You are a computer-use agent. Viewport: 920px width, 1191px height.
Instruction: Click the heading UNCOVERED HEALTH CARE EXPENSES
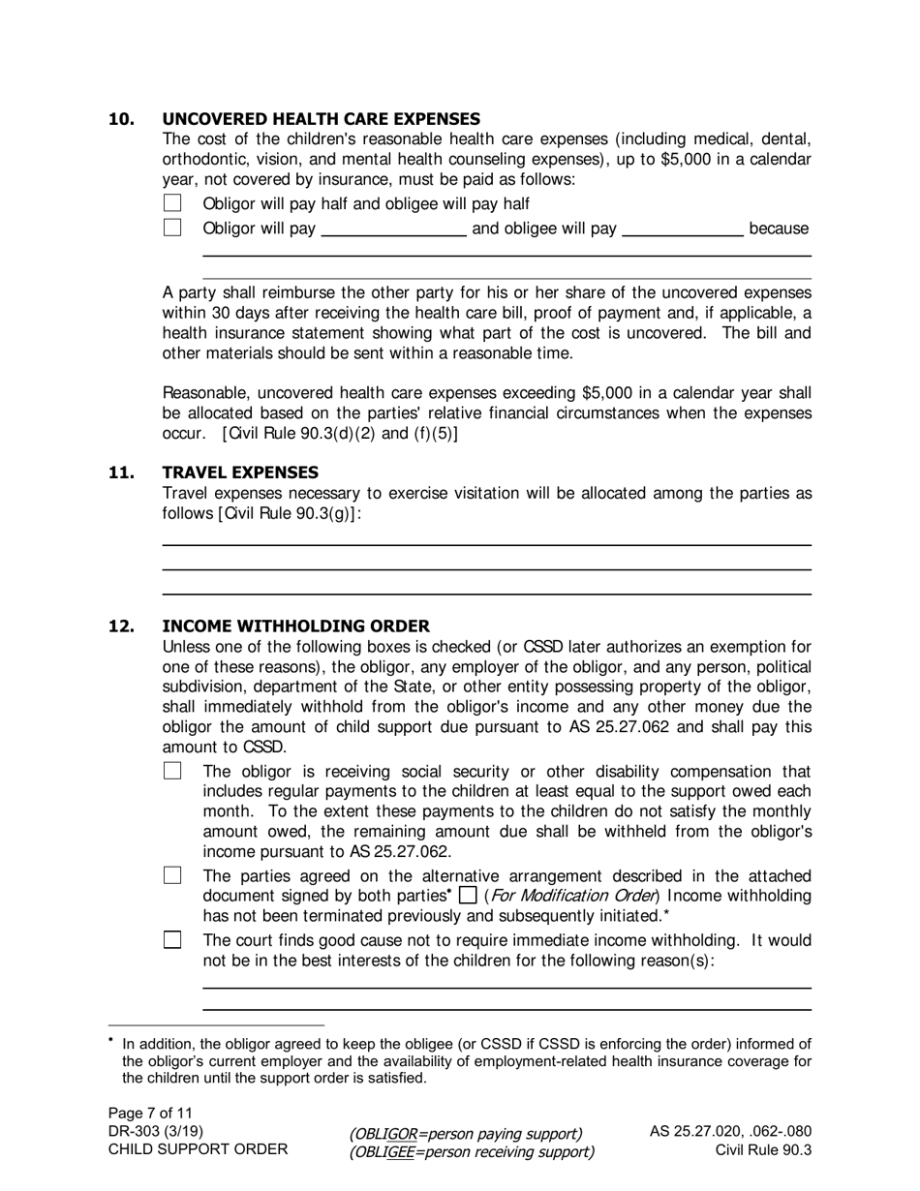point(321,119)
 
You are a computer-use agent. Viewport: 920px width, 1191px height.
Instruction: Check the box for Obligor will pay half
point(172,203)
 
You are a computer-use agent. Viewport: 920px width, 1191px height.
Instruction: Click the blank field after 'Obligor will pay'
point(393,229)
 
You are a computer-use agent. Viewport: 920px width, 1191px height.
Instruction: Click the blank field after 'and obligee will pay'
point(682,229)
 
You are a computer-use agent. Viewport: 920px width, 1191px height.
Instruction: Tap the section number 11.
point(121,473)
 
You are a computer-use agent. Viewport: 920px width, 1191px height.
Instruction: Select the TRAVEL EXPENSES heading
point(240,473)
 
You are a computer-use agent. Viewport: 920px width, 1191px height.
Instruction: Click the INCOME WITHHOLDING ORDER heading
point(295,626)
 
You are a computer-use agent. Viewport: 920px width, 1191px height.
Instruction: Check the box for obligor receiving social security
point(172,772)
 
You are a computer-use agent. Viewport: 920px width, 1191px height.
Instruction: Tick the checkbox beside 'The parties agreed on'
point(172,875)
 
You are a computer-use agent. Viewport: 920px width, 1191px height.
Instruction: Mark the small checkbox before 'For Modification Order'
point(468,896)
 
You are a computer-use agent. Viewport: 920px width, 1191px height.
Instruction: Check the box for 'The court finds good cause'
point(172,940)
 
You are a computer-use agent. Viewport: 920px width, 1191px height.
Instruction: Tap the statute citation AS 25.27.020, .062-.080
point(730,1131)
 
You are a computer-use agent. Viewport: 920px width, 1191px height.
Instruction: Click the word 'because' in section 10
point(779,229)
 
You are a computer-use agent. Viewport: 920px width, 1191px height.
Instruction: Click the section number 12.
point(121,626)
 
